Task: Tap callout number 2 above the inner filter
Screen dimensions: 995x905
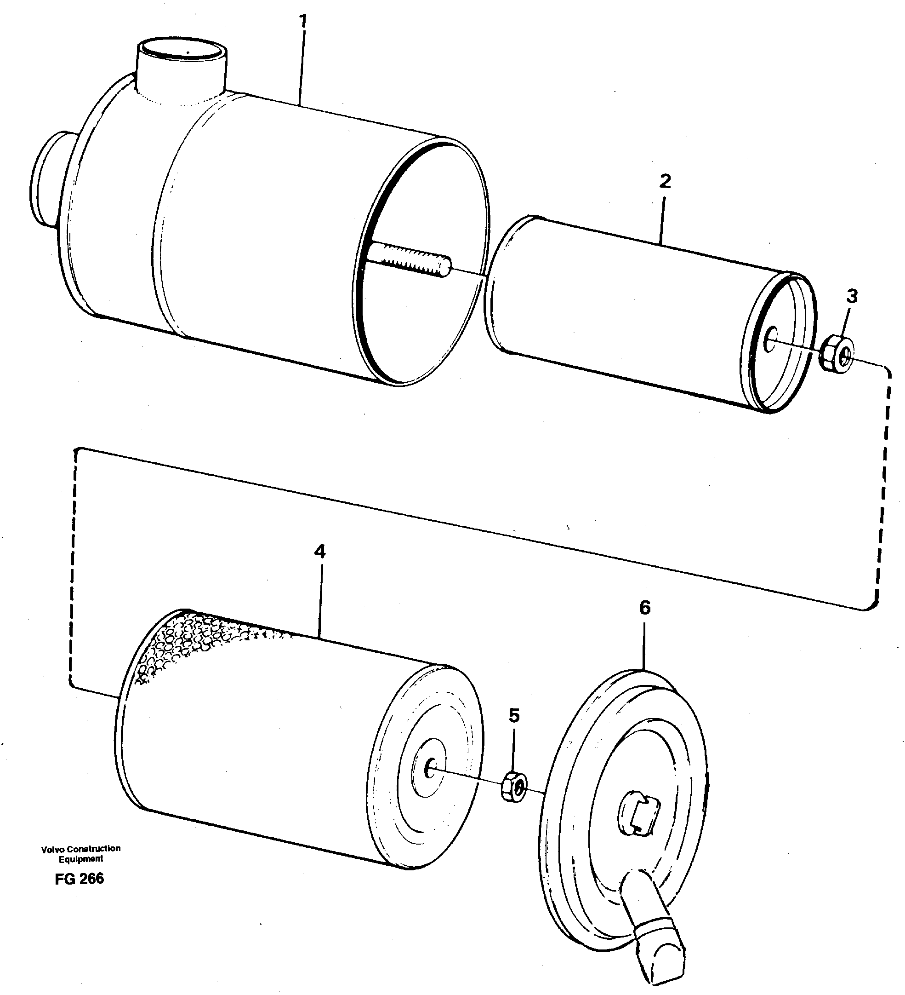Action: (x=665, y=182)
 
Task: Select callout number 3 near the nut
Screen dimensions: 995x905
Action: (x=852, y=297)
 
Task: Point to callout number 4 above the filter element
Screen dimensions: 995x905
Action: (x=320, y=551)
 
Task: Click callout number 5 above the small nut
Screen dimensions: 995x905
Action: (x=514, y=715)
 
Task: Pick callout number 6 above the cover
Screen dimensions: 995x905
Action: (x=644, y=608)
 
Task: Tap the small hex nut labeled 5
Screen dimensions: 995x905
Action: (x=514, y=787)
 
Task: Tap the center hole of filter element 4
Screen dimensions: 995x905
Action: (x=430, y=769)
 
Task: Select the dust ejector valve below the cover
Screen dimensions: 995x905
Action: (x=656, y=935)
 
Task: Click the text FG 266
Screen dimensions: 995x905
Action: (x=80, y=879)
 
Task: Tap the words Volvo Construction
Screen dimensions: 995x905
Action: (x=81, y=848)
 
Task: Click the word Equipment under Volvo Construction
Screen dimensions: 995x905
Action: (x=81, y=859)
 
